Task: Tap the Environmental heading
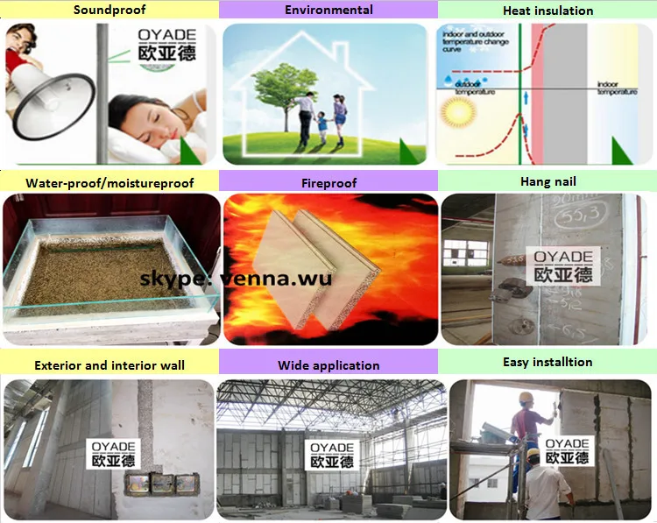[328, 11]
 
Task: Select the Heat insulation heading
[547, 11]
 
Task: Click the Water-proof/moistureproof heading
[109, 183]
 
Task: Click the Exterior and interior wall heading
[109, 364]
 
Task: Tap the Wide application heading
[328, 364]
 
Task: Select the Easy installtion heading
[547, 362]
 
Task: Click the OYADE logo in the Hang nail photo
[562, 266]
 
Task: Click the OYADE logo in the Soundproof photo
[166, 45]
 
